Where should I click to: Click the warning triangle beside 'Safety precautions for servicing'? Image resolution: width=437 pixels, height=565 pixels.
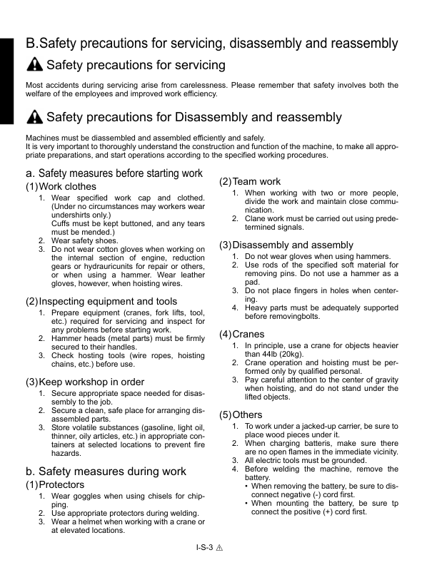click(x=34, y=66)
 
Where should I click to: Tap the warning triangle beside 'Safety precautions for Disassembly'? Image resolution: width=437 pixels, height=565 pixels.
click(x=34, y=117)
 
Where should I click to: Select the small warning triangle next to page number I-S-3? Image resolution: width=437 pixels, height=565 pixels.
click(x=221, y=547)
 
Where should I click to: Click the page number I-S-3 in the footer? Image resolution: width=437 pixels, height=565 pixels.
click(x=206, y=547)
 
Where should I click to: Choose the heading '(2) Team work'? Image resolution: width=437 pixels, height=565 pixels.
click(x=250, y=181)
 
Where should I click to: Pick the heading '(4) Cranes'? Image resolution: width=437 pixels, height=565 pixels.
click(x=243, y=334)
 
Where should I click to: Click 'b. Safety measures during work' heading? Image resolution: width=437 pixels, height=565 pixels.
click(x=106, y=471)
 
